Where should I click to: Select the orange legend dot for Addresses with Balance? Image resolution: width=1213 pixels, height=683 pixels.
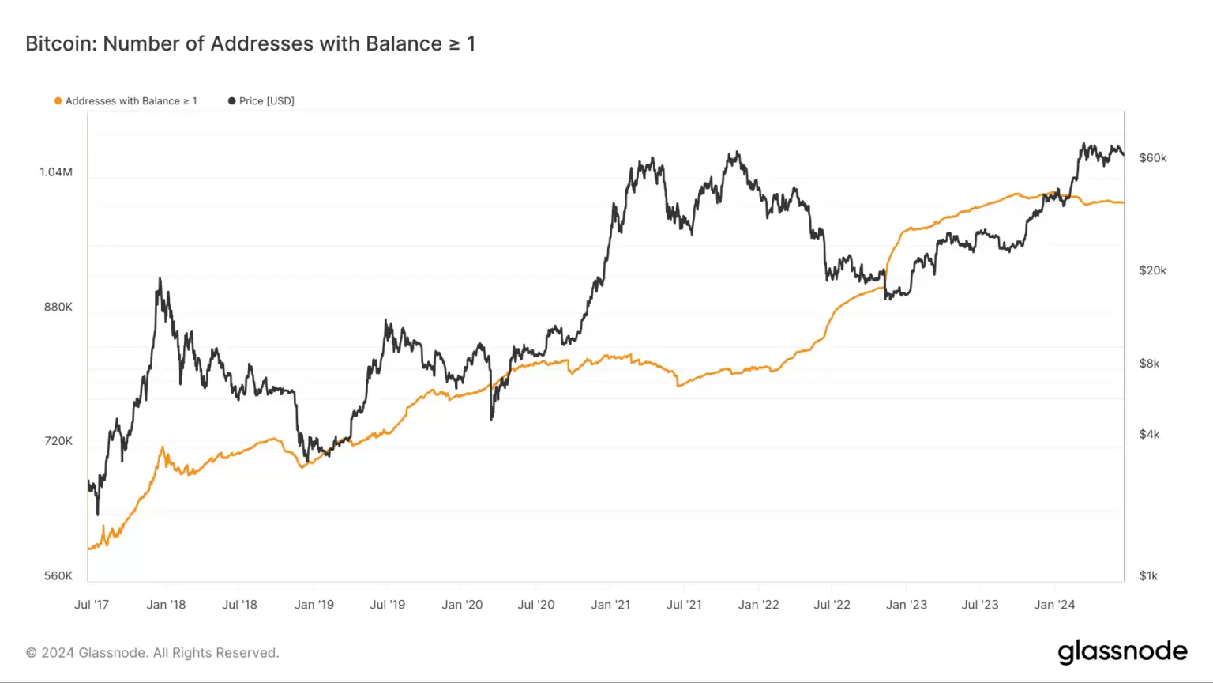point(58,101)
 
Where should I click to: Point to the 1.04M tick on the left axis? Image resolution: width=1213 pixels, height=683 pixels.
point(56,172)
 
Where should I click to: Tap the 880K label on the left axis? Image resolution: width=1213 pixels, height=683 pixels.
point(58,307)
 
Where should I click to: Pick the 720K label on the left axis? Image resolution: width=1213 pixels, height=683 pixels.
point(58,441)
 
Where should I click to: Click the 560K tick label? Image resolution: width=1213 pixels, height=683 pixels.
point(58,576)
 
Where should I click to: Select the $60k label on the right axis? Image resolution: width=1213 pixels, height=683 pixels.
point(1152,158)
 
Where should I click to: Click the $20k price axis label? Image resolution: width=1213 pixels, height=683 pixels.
point(1152,270)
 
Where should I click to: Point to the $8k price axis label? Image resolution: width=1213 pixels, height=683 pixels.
point(1149,364)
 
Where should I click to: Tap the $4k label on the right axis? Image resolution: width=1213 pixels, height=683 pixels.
point(1149,434)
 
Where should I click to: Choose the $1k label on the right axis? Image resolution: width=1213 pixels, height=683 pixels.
point(1148,576)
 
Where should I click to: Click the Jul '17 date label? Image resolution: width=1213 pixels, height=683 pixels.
point(92,605)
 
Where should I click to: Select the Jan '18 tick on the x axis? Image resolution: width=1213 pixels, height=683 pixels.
point(166,605)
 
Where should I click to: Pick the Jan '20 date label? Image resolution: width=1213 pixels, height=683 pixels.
point(462,605)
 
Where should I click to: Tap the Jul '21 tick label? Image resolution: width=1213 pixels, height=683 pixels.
point(684,605)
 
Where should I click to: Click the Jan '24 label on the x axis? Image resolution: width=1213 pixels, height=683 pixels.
point(1054,605)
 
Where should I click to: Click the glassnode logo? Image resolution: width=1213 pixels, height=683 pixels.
point(1122,651)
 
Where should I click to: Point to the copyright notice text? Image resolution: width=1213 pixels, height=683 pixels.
point(152,653)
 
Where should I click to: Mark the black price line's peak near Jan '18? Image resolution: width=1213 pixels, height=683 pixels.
point(160,278)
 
